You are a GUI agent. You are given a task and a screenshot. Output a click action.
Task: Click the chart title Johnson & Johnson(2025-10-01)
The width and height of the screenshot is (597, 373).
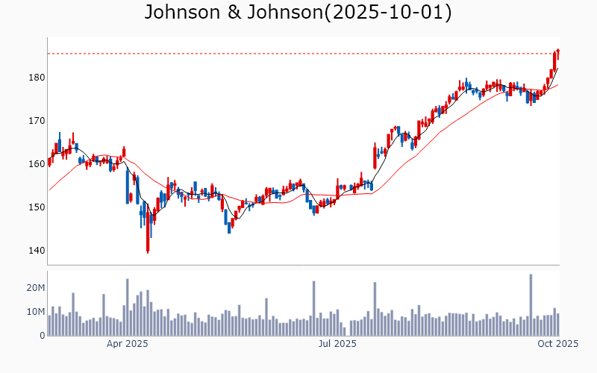298,13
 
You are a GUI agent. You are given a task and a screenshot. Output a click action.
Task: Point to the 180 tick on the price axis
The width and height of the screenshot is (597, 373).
37,78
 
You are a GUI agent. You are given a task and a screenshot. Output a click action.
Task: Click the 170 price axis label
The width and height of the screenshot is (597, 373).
37,121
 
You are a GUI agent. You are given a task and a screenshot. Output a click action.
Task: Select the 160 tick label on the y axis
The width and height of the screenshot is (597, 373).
37,164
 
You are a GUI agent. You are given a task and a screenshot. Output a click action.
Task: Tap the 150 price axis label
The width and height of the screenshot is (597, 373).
37,207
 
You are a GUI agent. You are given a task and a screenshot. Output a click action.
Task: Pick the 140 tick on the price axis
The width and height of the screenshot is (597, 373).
37,251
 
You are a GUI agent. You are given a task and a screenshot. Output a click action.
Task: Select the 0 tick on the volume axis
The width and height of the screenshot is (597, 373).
43,336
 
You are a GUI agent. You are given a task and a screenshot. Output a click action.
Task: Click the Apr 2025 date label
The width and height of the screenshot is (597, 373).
127,344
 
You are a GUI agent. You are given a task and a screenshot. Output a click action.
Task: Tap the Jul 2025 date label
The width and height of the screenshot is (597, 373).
337,344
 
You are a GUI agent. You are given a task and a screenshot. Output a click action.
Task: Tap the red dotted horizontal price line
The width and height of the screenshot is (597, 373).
298,54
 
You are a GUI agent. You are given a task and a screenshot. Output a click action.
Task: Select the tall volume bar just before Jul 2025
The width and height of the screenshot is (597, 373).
313,308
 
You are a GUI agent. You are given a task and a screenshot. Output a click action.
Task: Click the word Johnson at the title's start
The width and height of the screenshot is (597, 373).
180,13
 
